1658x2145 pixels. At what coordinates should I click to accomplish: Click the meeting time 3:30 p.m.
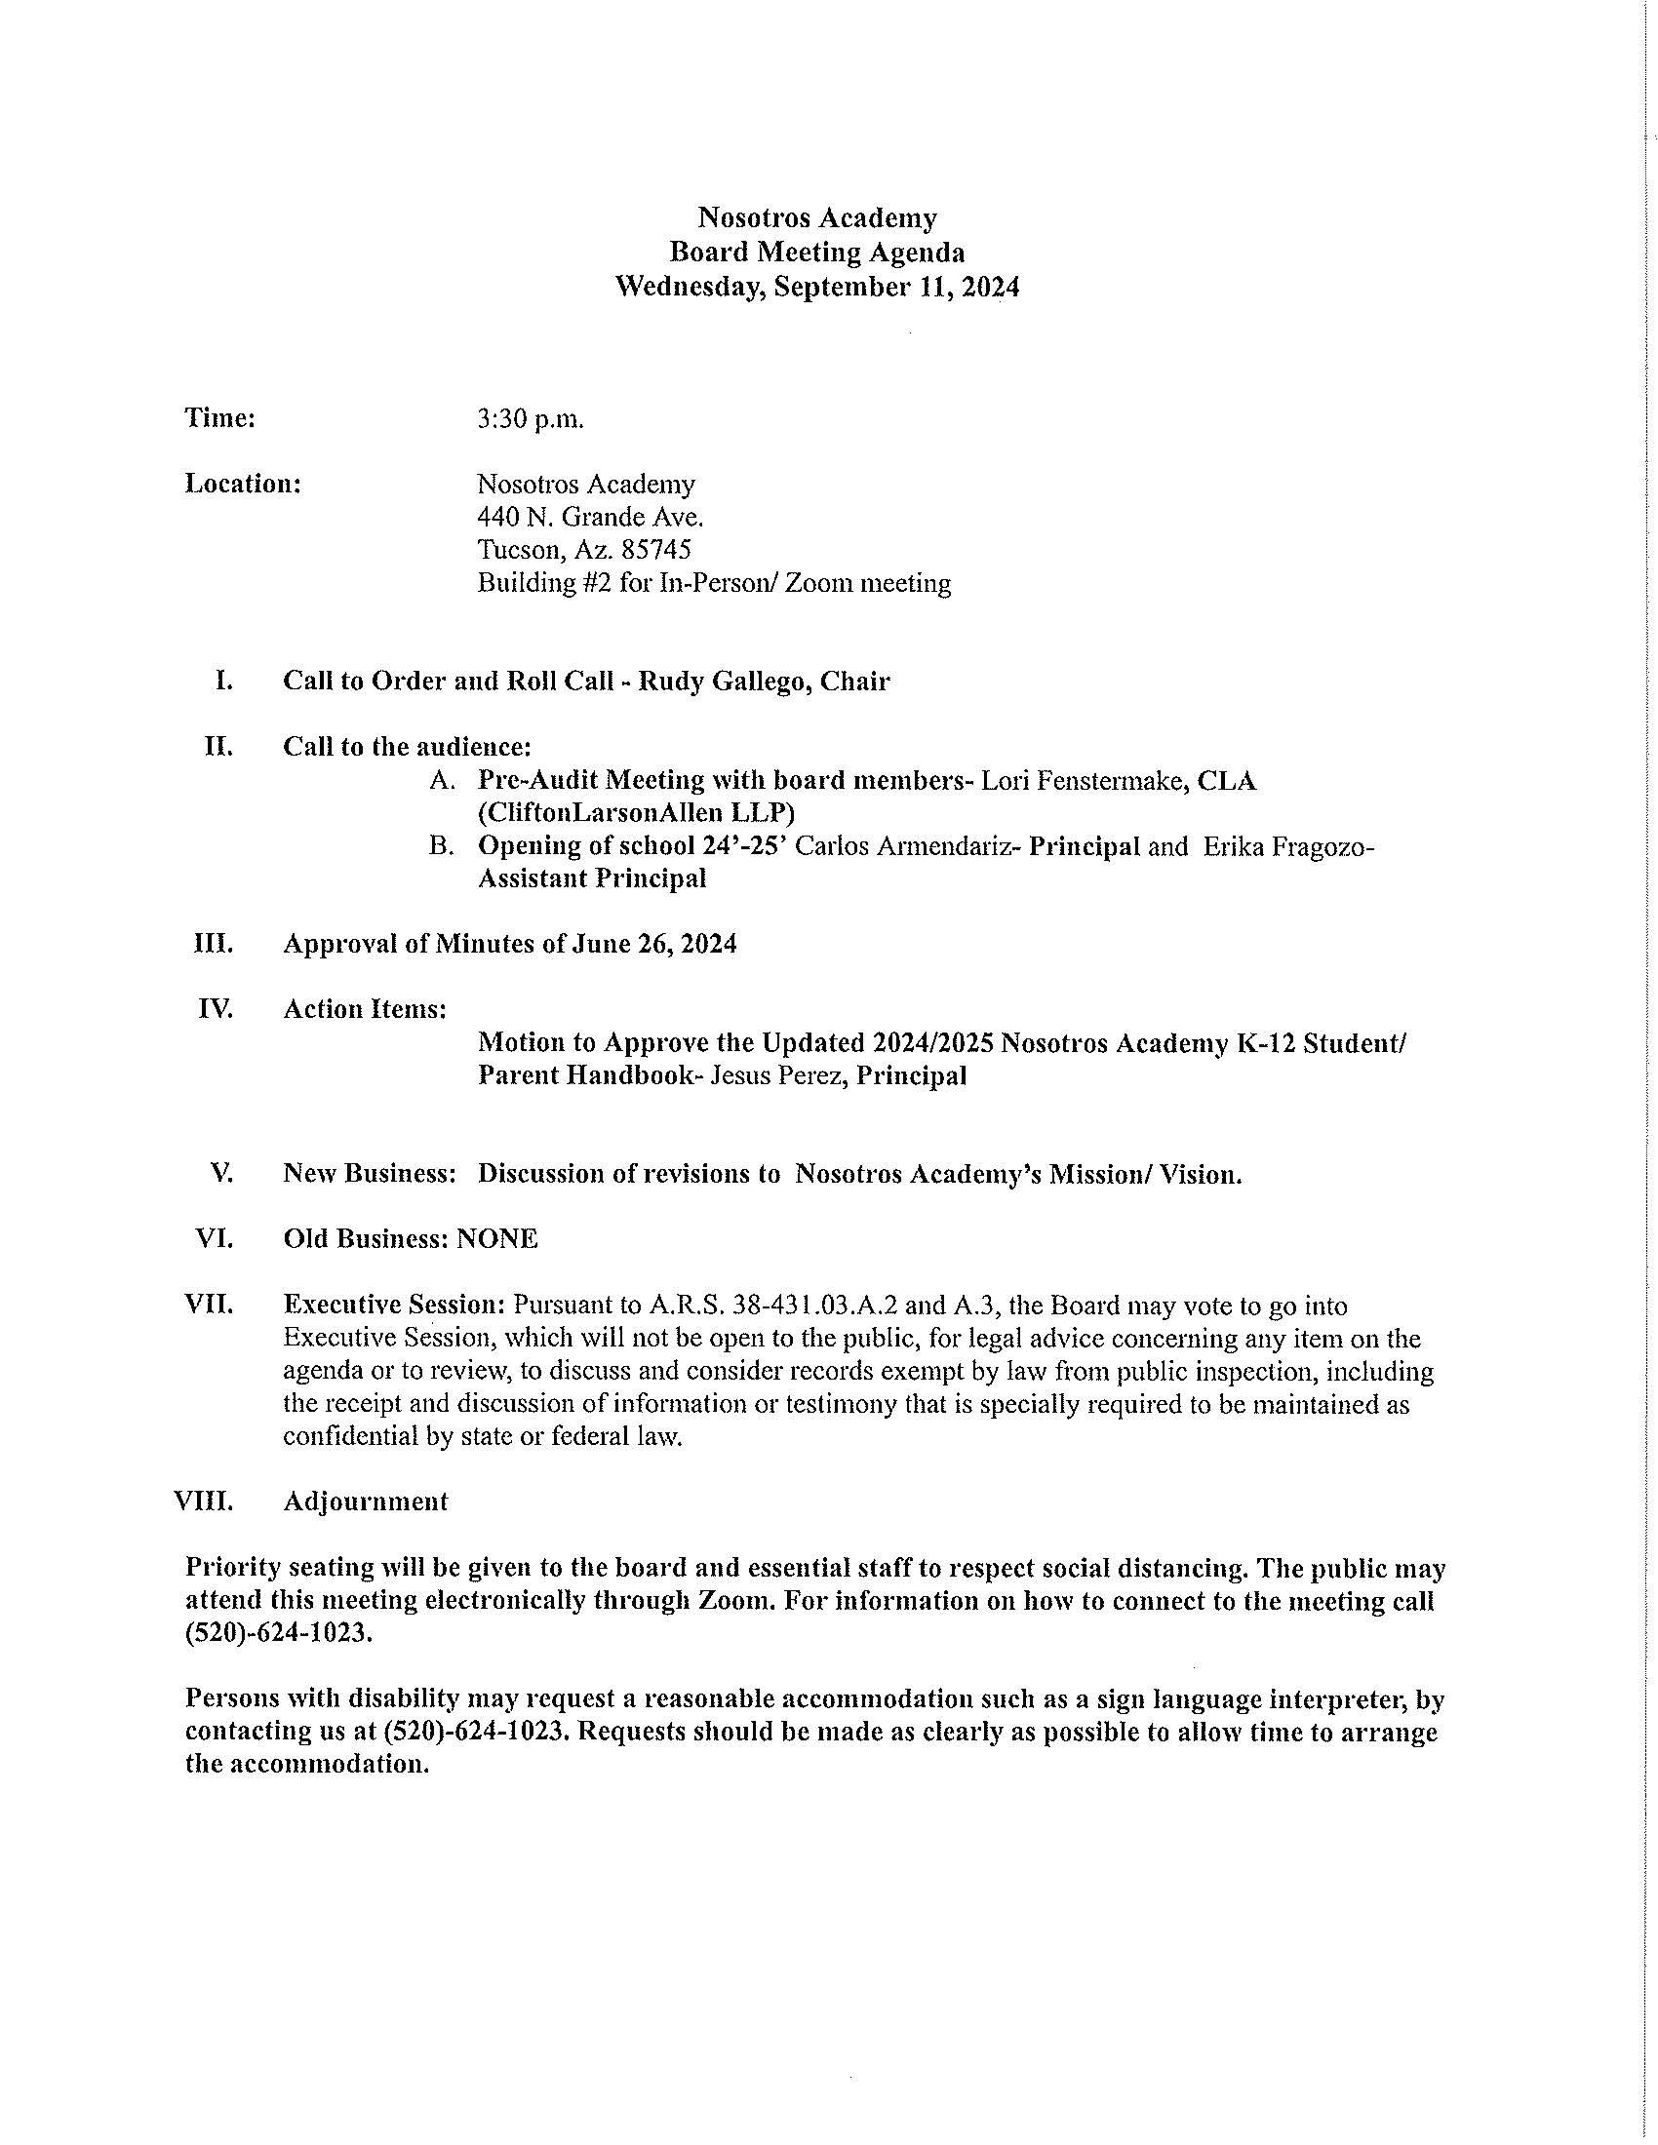[x=531, y=419]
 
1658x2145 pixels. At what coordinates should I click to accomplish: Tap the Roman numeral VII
[x=209, y=1306]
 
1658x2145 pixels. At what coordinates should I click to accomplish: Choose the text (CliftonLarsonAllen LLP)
[x=637, y=813]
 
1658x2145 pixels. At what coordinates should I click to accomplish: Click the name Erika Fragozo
[x=1283, y=846]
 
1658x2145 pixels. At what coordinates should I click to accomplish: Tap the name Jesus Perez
[x=778, y=1076]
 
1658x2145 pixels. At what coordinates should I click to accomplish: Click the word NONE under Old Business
[x=497, y=1239]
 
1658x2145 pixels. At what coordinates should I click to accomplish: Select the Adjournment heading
[x=366, y=1501]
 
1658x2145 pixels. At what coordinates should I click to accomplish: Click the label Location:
[x=243, y=485]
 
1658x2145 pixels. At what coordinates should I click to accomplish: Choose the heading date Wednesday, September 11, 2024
[x=817, y=287]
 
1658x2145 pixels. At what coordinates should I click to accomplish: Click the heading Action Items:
[x=366, y=1010]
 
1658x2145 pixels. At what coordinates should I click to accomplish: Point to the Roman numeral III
[x=214, y=944]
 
